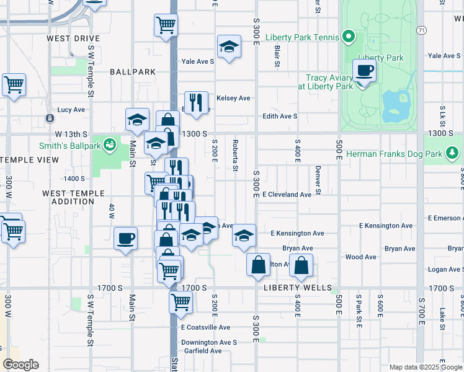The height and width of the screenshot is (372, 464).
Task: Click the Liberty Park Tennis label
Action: coord(302,37)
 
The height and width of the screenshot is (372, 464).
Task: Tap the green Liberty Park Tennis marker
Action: coord(349,37)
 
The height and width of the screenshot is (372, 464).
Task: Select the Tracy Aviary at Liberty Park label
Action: coord(328,82)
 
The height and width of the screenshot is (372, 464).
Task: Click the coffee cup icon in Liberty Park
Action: coord(364,71)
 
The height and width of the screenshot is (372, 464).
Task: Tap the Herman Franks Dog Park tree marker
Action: coord(453,152)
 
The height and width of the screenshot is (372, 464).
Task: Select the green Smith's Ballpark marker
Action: coord(110,144)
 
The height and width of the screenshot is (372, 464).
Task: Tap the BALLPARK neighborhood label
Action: coord(133,72)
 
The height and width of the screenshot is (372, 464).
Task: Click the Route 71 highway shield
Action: coord(421,30)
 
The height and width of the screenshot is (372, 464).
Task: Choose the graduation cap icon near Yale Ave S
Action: coord(229,46)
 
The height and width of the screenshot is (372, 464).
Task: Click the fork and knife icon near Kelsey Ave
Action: coord(196,102)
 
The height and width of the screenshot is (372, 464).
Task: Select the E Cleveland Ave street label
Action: coord(287,194)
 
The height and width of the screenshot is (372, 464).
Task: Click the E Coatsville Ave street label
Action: coord(205,327)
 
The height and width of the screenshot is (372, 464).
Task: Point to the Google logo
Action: coord(20,365)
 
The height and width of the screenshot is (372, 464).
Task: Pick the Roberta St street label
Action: coord(235,155)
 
